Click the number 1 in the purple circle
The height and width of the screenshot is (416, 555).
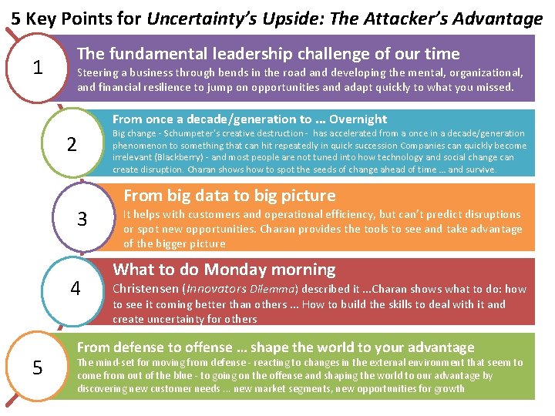pos(37,68)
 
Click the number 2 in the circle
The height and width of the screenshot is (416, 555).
pos(72,144)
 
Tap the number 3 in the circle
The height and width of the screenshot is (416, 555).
pos(82,220)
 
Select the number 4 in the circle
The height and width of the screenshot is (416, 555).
pos(76,289)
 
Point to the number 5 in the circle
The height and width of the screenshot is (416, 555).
pos(37,368)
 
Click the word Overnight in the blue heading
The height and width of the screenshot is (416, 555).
pos(358,119)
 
